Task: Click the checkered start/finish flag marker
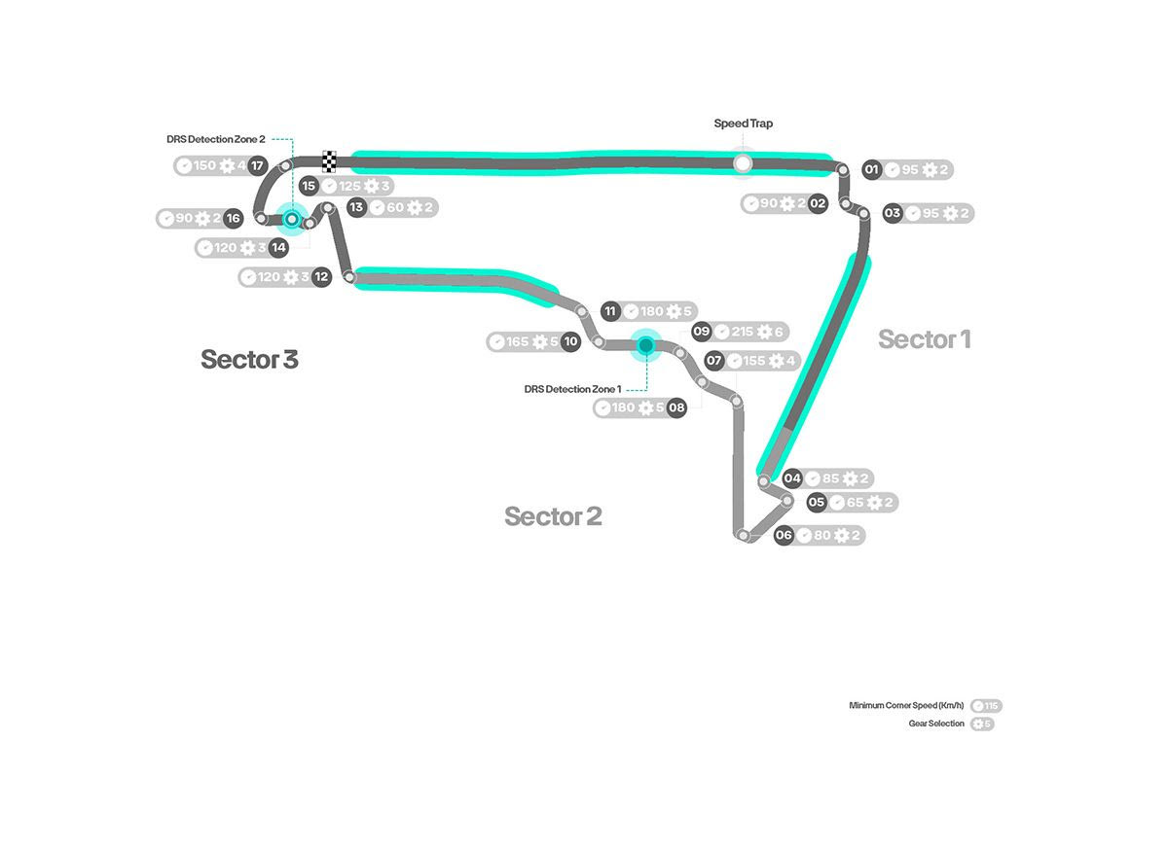click(x=329, y=161)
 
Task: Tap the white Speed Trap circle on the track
click(x=743, y=163)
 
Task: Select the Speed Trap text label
click(x=744, y=124)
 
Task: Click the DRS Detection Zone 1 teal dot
click(x=644, y=344)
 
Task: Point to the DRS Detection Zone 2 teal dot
click(x=290, y=219)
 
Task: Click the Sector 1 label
click(x=924, y=339)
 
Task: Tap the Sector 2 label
click(x=553, y=516)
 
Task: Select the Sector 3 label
click(x=249, y=359)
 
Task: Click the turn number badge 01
click(x=871, y=170)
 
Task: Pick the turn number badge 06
click(x=784, y=535)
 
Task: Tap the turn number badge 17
click(x=257, y=165)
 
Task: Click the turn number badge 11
click(x=610, y=311)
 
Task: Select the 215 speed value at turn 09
click(x=743, y=332)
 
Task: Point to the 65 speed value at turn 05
click(x=855, y=503)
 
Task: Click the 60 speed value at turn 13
click(x=394, y=207)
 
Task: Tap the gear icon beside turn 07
click(x=777, y=361)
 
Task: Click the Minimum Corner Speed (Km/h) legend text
click(x=906, y=706)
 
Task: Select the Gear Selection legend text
click(x=935, y=724)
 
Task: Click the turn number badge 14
click(x=278, y=248)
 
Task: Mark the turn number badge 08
click(x=676, y=407)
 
